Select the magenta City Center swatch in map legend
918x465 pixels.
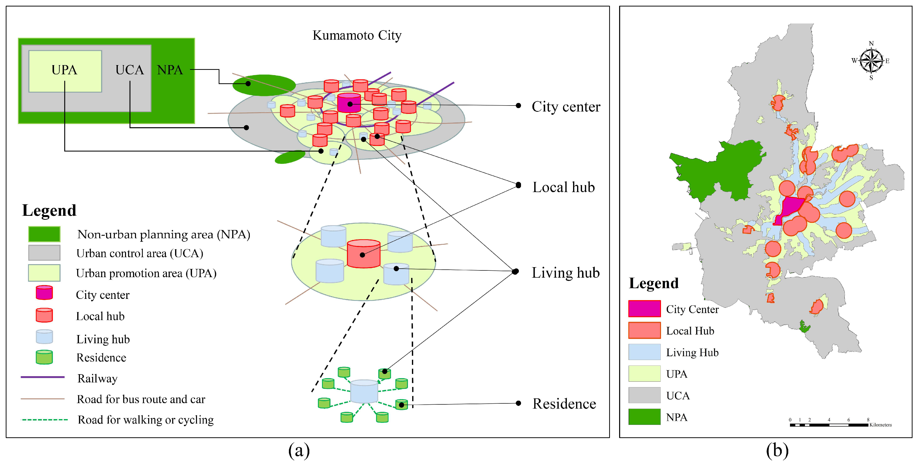(644, 309)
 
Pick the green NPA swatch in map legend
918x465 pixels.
(644, 417)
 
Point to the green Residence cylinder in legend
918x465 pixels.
(44, 357)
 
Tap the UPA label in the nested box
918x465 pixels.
(64, 70)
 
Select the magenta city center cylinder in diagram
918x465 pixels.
(349, 103)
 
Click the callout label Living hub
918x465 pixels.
(566, 273)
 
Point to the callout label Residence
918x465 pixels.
(564, 404)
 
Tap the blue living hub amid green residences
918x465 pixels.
(364, 391)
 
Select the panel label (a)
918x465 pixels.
(299, 450)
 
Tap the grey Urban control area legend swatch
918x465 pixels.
(44, 253)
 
